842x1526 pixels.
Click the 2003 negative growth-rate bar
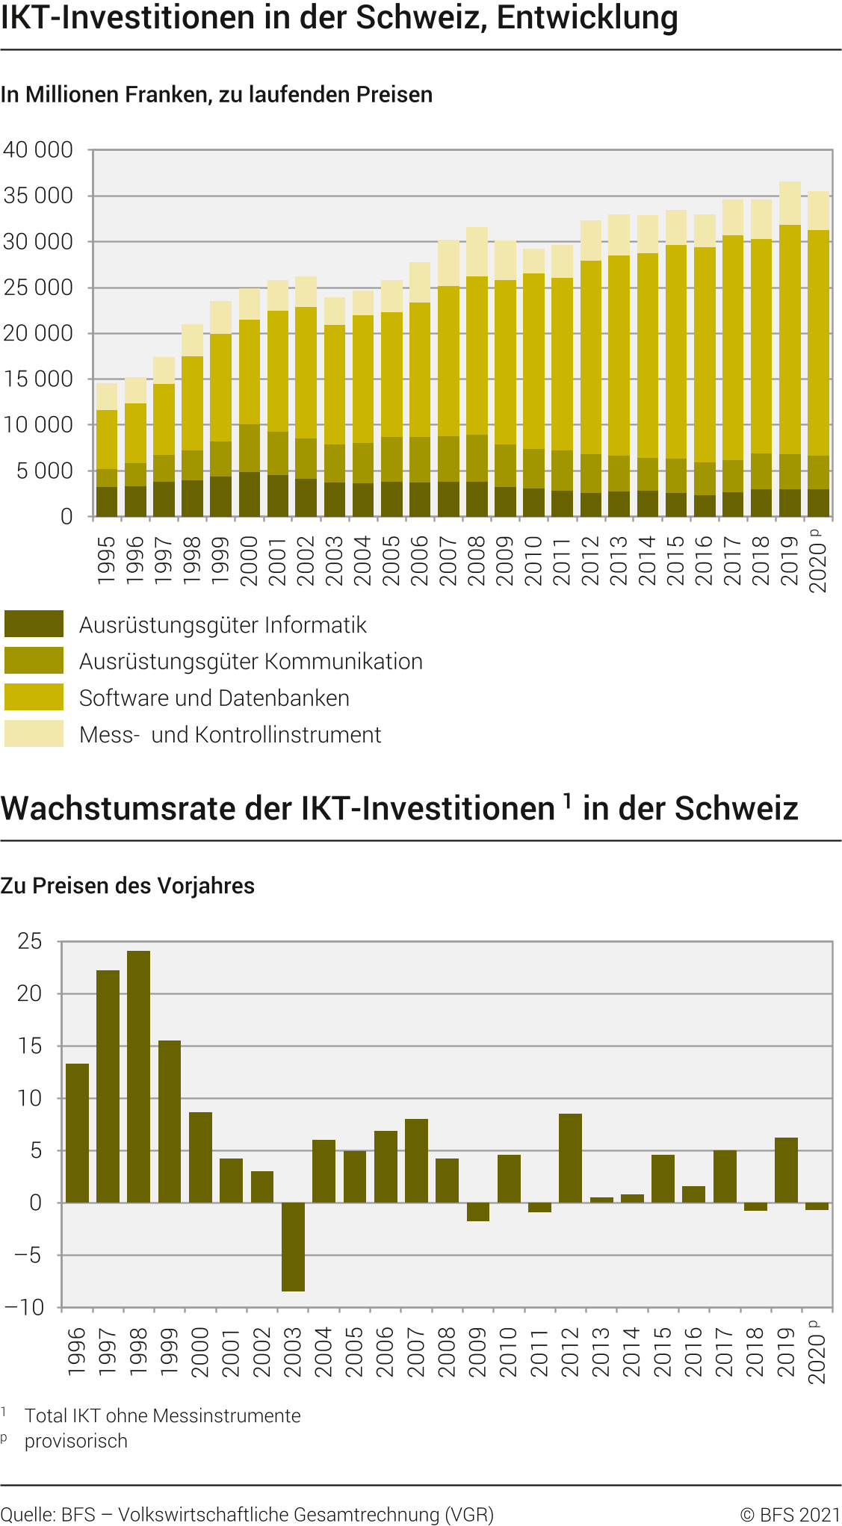click(x=293, y=1247)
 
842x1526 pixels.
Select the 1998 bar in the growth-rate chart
click(x=138, y=1076)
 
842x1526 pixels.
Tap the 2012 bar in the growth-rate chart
click(x=570, y=1158)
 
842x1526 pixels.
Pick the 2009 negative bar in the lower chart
click(x=478, y=1212)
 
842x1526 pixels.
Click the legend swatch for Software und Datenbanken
click(x=34, y=697)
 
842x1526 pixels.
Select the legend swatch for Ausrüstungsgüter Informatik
click(x=34, y=624)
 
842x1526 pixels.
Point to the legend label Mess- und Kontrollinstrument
click(x=230, y=735)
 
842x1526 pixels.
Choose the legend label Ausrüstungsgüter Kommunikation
click(x=251, y=662)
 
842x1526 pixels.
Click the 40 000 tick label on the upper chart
click(x=38, y=150)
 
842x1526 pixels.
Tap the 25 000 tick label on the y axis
click(x=38, y=288)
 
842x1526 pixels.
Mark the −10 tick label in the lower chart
click(x=25, y=1307)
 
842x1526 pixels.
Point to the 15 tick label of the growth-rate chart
click(x=30, y=1046)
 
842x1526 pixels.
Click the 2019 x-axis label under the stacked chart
click(x=790, y=560)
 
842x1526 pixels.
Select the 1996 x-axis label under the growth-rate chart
click(x=77, y=1352)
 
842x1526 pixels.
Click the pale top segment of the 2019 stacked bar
click(x=790, y=203)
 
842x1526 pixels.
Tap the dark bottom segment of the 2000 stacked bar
click(x=250, y=494)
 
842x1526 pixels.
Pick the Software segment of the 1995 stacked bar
click(x=107, y=439)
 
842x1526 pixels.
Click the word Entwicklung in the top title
click(x=587, y=18)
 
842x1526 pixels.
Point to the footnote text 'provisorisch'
click(x=76, y=1441)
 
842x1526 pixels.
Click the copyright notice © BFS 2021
click(x=790, y=1515)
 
